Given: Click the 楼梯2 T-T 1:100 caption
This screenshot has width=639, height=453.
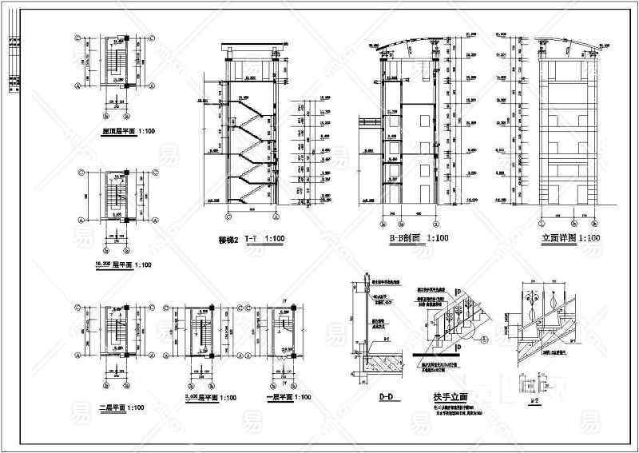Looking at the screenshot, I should (251, 238).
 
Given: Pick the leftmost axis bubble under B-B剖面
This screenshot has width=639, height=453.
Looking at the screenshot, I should (380, 220).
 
